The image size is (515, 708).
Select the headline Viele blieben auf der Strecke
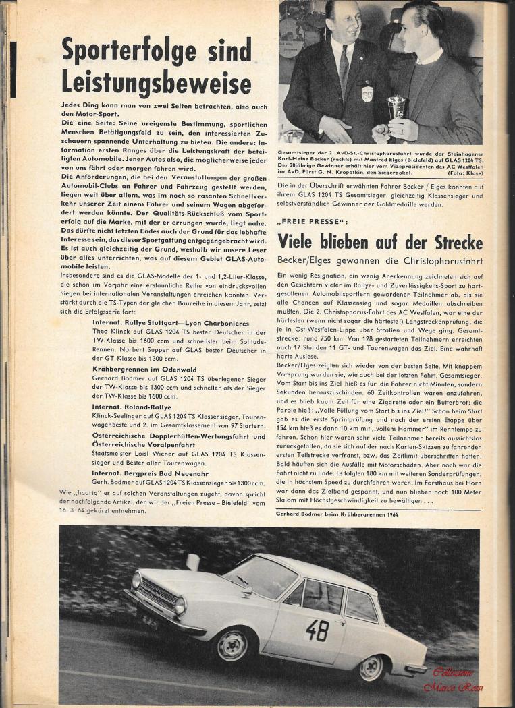[x=379, y=241]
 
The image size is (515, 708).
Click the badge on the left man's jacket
[x=367, y=93]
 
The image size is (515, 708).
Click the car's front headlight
[x=180, y=604]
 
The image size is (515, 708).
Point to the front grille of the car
[x=157, y=594]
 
